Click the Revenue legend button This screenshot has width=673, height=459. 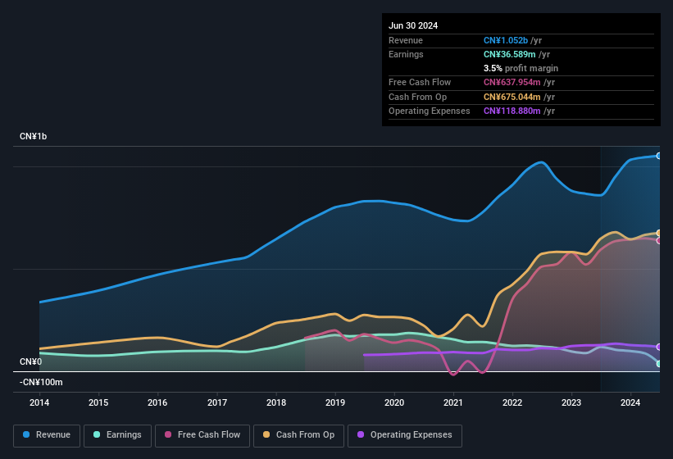(47, 434)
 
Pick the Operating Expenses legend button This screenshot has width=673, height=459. (404, 434)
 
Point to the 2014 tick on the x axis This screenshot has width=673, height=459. (39, 402)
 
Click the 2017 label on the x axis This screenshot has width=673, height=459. (217, 402)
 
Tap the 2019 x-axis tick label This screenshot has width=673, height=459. (335, 402)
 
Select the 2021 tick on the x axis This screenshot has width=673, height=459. (453, 402)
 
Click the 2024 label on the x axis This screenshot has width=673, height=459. (630, 402)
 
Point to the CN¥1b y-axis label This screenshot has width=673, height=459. (34, 136)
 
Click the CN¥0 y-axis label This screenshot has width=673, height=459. (30, 361)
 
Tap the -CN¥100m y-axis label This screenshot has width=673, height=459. (41, 382)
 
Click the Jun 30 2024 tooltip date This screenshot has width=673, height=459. (413, 25)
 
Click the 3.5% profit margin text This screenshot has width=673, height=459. (521, 68)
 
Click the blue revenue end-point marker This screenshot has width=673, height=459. (659, 155)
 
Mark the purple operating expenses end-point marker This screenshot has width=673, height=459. (659, 347)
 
